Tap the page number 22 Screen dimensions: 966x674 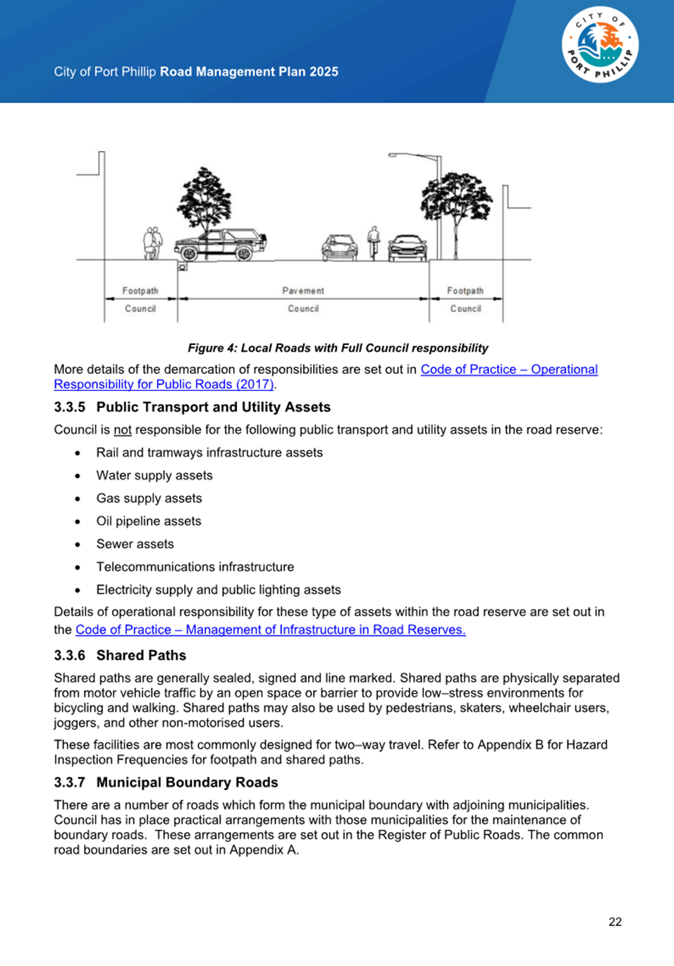point(615,922)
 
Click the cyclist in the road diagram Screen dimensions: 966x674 point(374,242)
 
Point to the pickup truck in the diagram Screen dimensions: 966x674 point(221,244)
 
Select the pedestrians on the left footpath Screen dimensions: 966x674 point(152,243)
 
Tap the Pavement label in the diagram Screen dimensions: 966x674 point(303,291)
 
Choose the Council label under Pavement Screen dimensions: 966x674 point(303,308)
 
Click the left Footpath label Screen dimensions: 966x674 point(140,291)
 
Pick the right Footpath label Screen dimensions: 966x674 point(465,291)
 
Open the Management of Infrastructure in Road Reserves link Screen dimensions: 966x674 point(270,629)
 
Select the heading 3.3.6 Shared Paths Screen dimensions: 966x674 point(120,655)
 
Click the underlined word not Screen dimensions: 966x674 point(123,430)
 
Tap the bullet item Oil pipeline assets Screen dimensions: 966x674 point(149,521)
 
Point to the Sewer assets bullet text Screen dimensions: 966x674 point(135,544)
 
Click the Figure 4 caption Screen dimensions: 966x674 point(338,348)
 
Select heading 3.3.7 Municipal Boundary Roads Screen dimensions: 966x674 point(166,782)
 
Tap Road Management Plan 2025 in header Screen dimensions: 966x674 point(249,71)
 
